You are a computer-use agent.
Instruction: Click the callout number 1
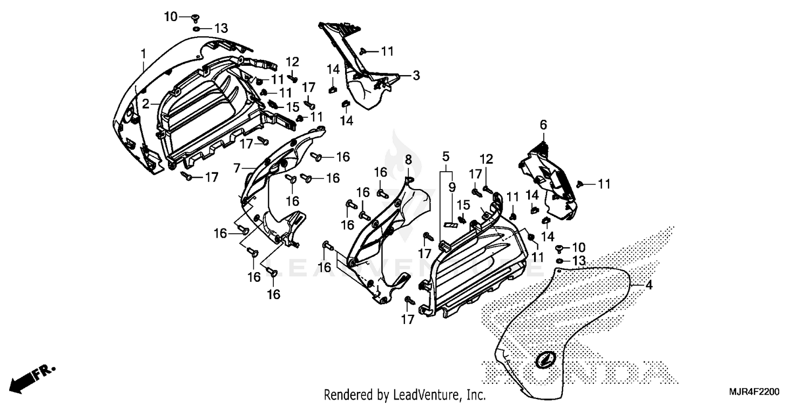(144, 53)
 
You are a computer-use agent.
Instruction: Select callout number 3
(416, 76)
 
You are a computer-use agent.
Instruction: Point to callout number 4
(649, 286)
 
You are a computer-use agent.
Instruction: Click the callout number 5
(446, 157)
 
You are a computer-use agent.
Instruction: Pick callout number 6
(543, 125)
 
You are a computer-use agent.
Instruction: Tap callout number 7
(237, 168)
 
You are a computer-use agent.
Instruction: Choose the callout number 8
(408, 159)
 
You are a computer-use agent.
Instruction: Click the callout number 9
(452, 187)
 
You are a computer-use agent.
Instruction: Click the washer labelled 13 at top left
(197, 29)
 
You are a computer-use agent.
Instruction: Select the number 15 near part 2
(292, 106)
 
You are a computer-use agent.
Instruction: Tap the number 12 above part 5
(487, 159)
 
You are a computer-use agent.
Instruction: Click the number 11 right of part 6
(603, 184)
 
